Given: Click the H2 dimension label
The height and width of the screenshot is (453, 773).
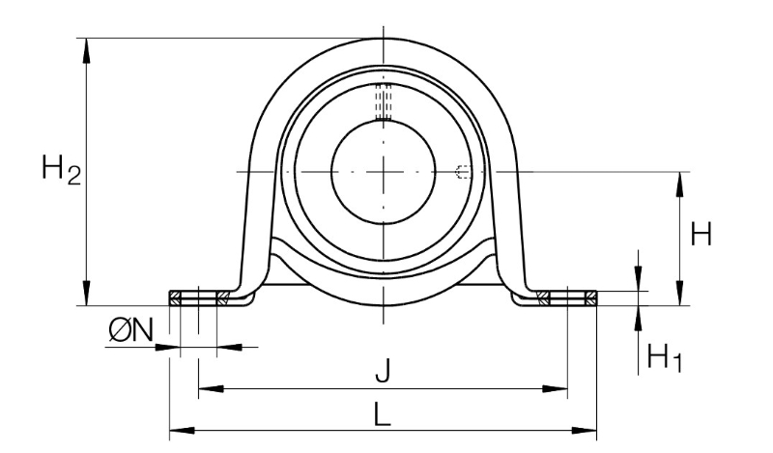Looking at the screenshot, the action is tap(61, 169).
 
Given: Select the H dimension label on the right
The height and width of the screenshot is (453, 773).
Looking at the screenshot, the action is tap(701, 234).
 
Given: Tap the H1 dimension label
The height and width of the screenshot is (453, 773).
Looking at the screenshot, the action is tap(664, 357).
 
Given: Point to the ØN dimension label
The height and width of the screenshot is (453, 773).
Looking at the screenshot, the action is tap(131, 329).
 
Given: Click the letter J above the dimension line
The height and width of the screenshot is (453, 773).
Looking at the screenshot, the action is tap(383, 371).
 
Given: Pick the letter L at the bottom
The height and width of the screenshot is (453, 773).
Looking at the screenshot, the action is tap(382, 413).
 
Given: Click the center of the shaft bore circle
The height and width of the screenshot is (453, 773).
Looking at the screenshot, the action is tap(384, 172).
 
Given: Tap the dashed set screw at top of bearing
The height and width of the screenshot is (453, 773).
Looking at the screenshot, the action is tap(384, 102).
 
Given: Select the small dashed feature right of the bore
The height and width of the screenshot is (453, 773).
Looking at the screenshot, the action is tap(464, 172).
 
